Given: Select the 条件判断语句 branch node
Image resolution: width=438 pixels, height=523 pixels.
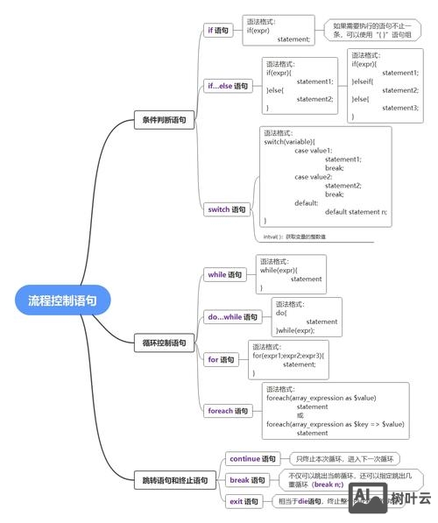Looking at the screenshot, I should point(164,120).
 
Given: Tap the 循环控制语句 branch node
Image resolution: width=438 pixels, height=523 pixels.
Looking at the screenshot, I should point(164,343).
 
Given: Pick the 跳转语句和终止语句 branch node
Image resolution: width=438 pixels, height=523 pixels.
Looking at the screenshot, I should point(175,480).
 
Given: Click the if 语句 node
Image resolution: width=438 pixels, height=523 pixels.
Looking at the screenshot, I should point(218,30).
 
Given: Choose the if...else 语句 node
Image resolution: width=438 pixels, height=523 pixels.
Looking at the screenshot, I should point(227,86).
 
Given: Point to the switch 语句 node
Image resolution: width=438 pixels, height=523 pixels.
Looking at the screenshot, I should point(226,209).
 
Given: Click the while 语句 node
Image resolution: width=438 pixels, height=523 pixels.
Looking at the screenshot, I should point(224,274).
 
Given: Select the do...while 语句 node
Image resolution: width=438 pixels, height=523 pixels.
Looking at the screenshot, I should point(233,317).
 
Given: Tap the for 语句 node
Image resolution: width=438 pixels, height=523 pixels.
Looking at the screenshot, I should point(221,359).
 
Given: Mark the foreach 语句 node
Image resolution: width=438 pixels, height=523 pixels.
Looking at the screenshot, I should point(228,410).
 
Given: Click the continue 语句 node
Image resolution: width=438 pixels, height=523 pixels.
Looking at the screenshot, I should point(252,458).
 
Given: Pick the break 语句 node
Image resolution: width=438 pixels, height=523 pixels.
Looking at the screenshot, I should point(247,480).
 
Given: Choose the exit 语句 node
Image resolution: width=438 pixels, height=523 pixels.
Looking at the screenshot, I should point(244,501).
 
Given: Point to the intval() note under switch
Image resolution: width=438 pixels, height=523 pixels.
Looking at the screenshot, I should point(294,237).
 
